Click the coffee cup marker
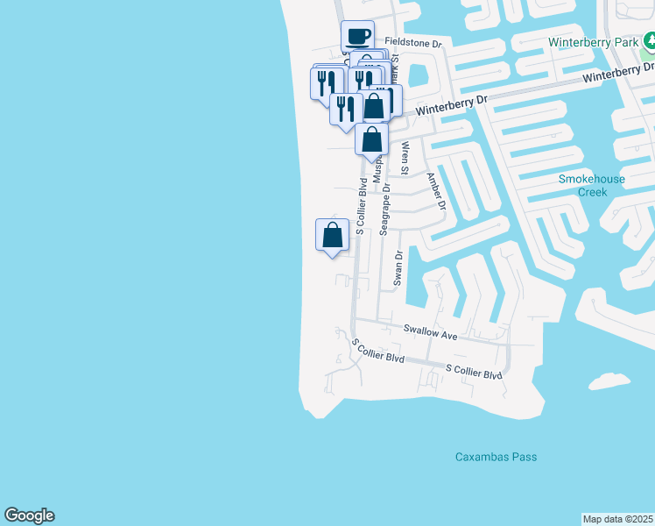coord(357,37)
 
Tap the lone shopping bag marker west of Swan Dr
coord(332,235)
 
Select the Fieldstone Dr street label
coord(415,42)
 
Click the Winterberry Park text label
coord(592,42)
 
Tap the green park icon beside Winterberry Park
coord(650,40)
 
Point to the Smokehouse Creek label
coord(592,185)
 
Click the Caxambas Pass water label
coord(496,457)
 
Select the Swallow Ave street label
coord(431,332)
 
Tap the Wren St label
coord(405,161)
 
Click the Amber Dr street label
coord(435,190)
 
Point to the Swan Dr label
coord(398,267)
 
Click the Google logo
coord(29,515)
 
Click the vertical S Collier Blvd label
coord(360,207)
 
